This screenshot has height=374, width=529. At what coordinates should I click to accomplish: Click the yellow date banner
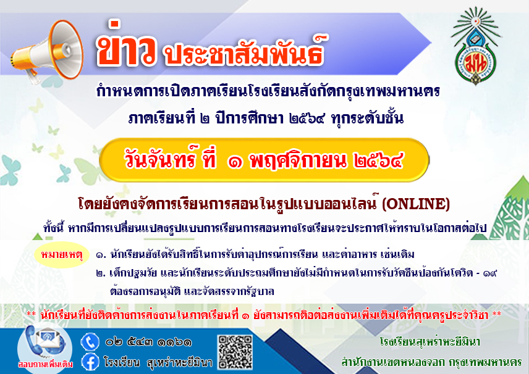pyautogui.click(x=264, y=160)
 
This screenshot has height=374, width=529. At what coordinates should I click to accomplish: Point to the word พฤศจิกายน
pyautogui.click(x=298, y=161)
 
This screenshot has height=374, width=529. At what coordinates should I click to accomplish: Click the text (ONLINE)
pyautogui.click(x=416, y=204)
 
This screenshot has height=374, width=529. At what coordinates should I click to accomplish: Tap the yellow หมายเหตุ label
pyautogui.click(x=62, y=255)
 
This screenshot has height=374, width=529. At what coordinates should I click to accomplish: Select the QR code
pyautogui.click(x=235, y=352)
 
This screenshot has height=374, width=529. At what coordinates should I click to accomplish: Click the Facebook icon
pyautogui.click(x=90, y=362)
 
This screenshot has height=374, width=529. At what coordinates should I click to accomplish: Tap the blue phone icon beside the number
pyautogui.click(x=90, y=342)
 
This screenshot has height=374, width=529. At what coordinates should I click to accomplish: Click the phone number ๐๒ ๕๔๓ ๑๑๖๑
pyautogui.click(x=148, y=343)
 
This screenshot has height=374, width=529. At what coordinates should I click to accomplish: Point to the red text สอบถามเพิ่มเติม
pyautogui.click(x=46, y=364)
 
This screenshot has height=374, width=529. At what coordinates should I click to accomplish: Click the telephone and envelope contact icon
pyautogui.click(x=44, y=342)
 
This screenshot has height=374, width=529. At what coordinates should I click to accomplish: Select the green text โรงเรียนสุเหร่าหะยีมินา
pyautogui.click(x=430, y=342)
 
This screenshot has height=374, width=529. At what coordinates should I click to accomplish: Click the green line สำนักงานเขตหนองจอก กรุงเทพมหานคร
pyautogui.click(x=431, y=362)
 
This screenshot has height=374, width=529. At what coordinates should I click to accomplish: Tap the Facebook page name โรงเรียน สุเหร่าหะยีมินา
pyautogui.click(x=158, y=362)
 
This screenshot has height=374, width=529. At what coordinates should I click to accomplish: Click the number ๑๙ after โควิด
pyautogui.click(x=490, y=273)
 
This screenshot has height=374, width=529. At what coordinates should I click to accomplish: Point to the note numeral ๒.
pyautogui.click(x=100, y=273)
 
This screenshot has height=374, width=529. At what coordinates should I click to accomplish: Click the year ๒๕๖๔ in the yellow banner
pyautogui.click(x=379, y=161)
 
